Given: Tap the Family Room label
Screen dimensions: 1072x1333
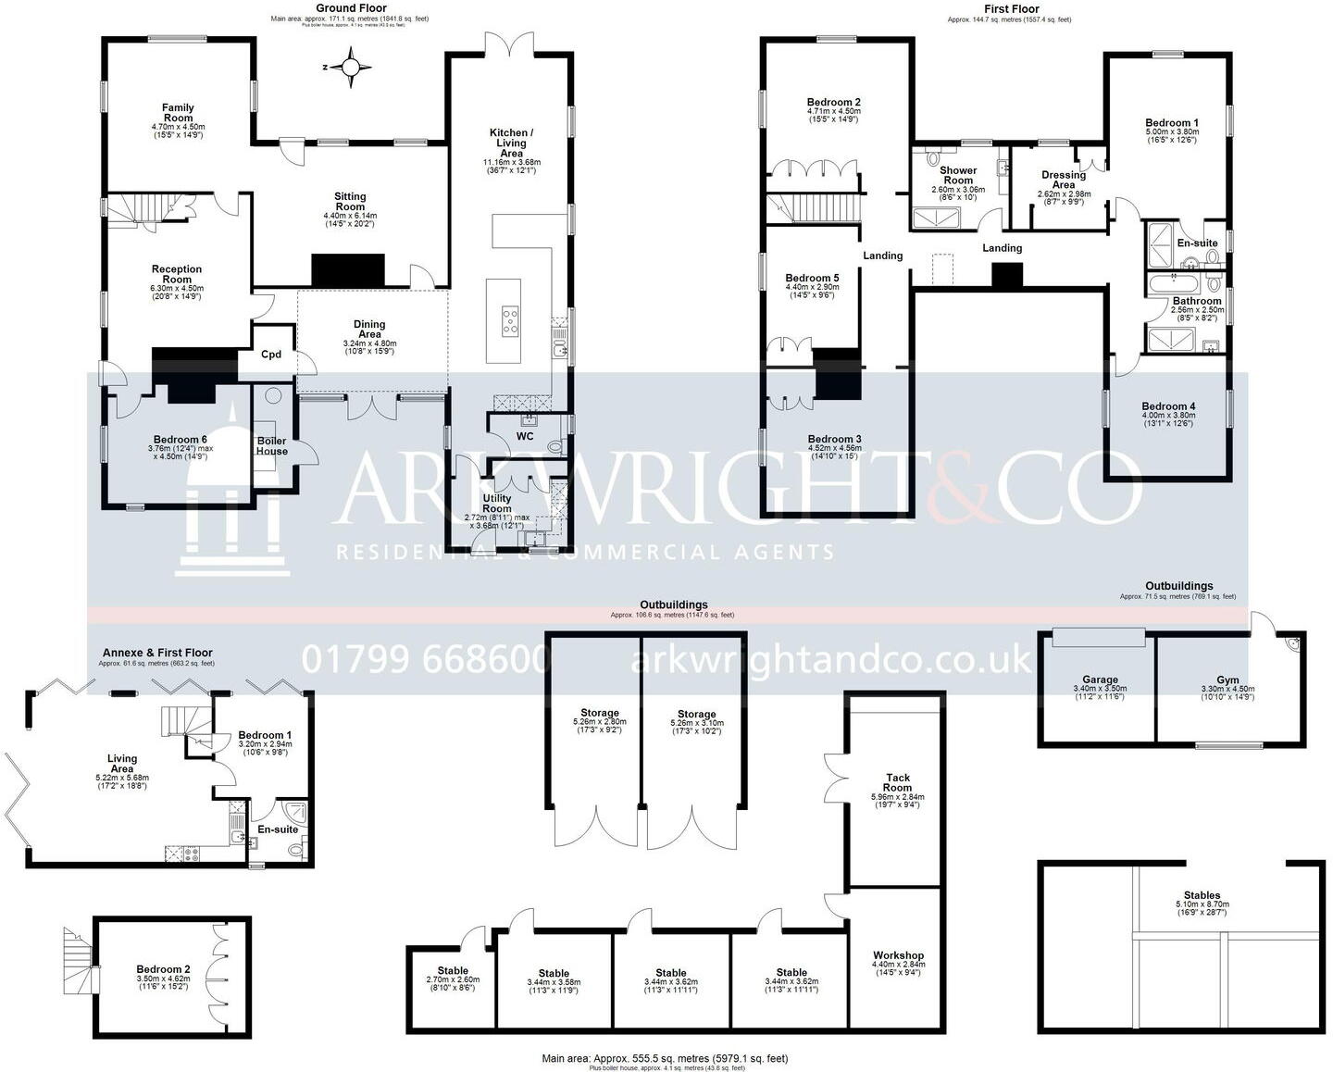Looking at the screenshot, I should (178, 113).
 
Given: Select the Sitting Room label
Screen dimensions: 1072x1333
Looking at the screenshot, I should (350, 202).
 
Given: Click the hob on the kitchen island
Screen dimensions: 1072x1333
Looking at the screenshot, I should (509, 320).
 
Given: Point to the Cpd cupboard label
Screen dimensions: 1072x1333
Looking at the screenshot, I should (271, 355).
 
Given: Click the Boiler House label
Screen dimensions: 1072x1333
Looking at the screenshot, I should (272, 446).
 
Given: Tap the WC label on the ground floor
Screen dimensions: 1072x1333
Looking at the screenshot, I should (525, 436).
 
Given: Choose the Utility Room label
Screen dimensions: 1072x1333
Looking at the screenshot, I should (497, 504).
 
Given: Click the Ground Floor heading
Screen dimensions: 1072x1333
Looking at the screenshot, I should (351, 8).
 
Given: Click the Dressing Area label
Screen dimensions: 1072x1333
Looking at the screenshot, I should (1064, 180).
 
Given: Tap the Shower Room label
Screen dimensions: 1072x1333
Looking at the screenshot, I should (958, 175).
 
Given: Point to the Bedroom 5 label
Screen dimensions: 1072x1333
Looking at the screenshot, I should (812, 278).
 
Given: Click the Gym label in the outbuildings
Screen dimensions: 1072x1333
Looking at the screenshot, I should (1227, 679).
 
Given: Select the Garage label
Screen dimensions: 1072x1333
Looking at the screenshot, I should (1101, 679).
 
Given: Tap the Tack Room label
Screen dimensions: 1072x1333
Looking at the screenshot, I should (897, 783).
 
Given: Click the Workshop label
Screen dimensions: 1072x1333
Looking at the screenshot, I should (898, 955).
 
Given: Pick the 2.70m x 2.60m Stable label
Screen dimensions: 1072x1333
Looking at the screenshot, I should (453, 971).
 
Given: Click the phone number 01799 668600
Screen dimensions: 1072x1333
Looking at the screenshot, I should (427, 659).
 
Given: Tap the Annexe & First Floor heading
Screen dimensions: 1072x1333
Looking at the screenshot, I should (157, 653).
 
